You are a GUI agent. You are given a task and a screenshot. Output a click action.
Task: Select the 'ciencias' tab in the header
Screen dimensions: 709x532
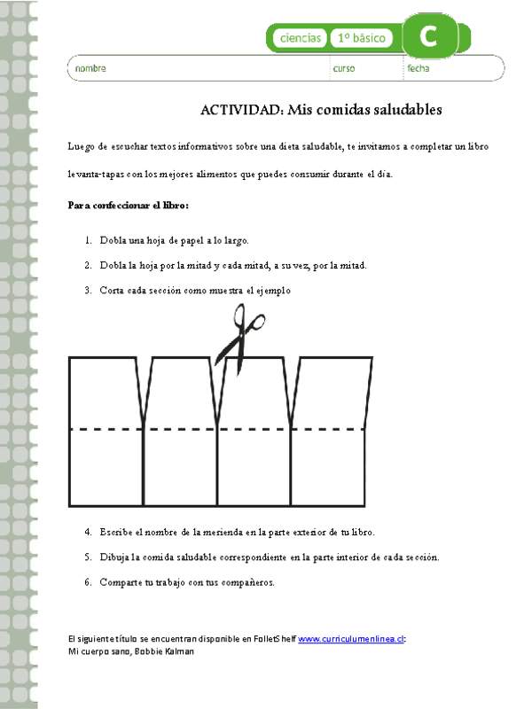pyautogui.click(x=301, y=38)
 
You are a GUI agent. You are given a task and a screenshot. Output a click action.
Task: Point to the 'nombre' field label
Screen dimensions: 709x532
pyautogui.click(x=90, y=68)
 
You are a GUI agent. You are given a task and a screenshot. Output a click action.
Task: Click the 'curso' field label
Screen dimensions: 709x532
pyautogui.click(x=343, y=68)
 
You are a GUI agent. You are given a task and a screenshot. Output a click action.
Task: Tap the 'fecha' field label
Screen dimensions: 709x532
pyautogui.click(x=419, y=68)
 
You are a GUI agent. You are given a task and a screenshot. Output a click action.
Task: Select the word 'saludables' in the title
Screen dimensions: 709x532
pyautogui.click(x=403, y=110)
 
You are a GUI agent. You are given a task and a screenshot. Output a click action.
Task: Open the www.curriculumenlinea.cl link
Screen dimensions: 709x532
pyautogui.click(x=351, y=638)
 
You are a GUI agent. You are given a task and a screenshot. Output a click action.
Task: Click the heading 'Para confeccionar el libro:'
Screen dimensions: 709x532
pyautogui.click(x=129, y=206)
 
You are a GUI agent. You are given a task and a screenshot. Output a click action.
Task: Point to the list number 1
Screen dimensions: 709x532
pyautogui.click(x=89, y=240)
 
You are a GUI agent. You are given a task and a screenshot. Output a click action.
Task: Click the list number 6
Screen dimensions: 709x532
pyautogui.click(x=89, y=582)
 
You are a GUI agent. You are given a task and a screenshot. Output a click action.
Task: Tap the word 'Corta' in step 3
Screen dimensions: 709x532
pyautogui.click(x=113, y=290)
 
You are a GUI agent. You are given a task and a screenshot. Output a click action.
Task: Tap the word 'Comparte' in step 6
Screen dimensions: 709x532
pyautogui.click(x=121, y=582)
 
